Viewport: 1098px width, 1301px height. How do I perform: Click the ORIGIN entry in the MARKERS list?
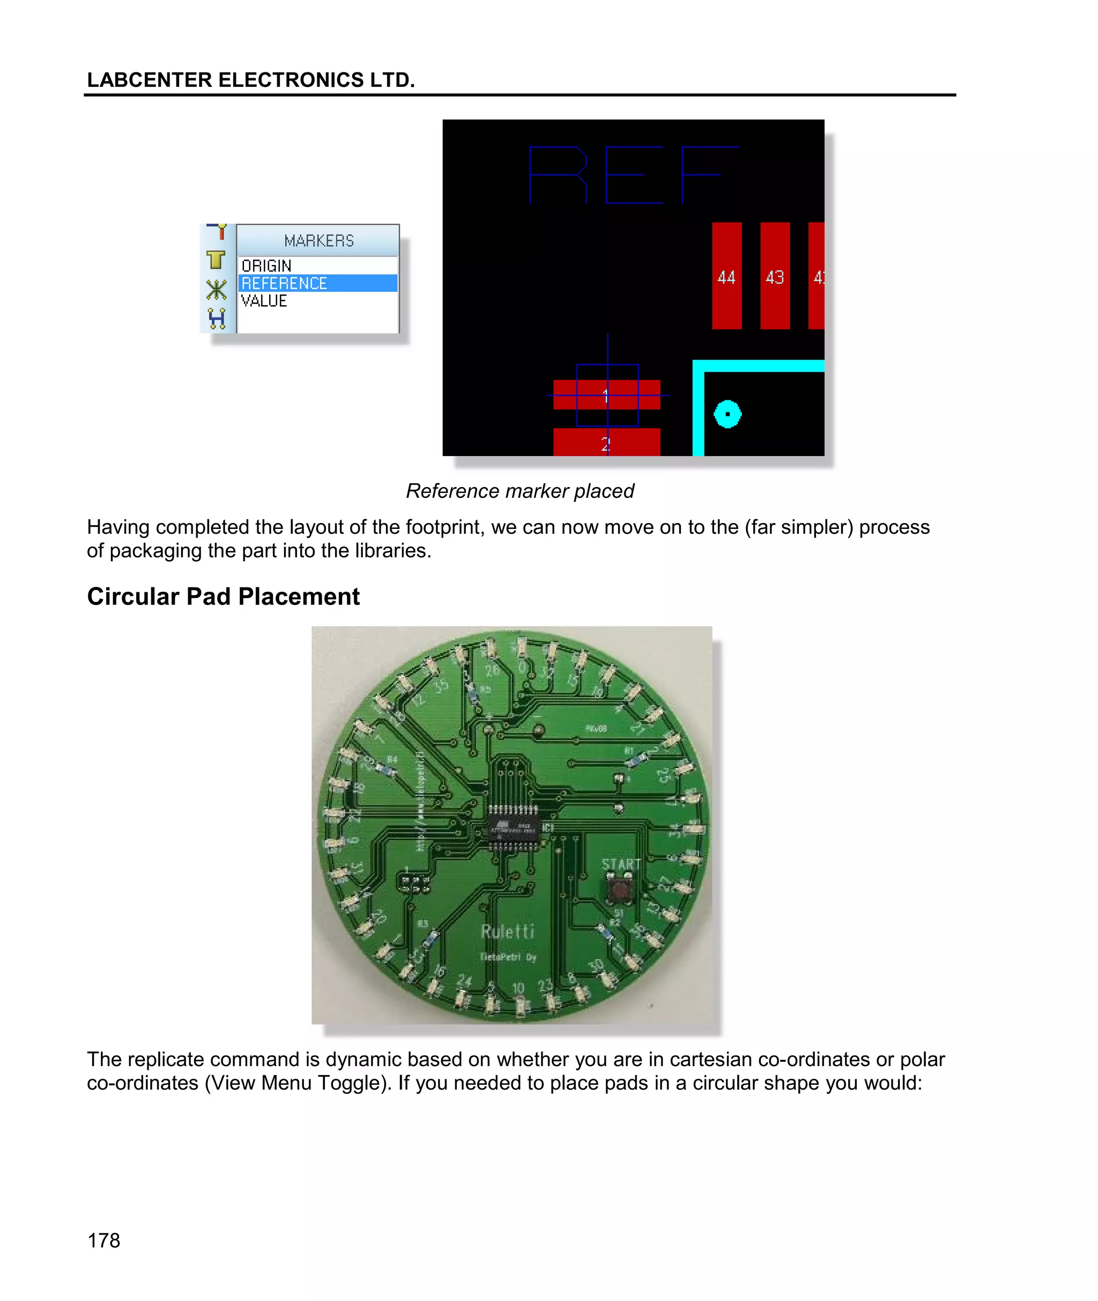[266, 266]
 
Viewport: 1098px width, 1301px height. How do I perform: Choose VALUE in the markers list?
[264, 301]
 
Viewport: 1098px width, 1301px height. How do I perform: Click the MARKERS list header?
[318, 240]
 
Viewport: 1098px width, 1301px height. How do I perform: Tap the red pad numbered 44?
[726, 275]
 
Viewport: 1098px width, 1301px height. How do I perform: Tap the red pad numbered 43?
[774, 275]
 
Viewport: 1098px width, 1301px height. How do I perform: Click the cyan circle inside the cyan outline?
[727, 414]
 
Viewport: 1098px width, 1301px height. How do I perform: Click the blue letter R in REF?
[558, 175]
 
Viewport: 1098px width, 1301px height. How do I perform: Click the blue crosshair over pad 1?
[607, 395]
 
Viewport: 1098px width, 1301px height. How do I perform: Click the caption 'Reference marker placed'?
[520, 491]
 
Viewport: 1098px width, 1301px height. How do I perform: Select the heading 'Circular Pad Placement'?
[223, 597]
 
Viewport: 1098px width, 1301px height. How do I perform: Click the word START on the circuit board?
[621, 864]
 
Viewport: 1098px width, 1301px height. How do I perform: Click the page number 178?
[103, 1240]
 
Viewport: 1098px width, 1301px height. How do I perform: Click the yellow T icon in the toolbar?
[216, 259]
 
